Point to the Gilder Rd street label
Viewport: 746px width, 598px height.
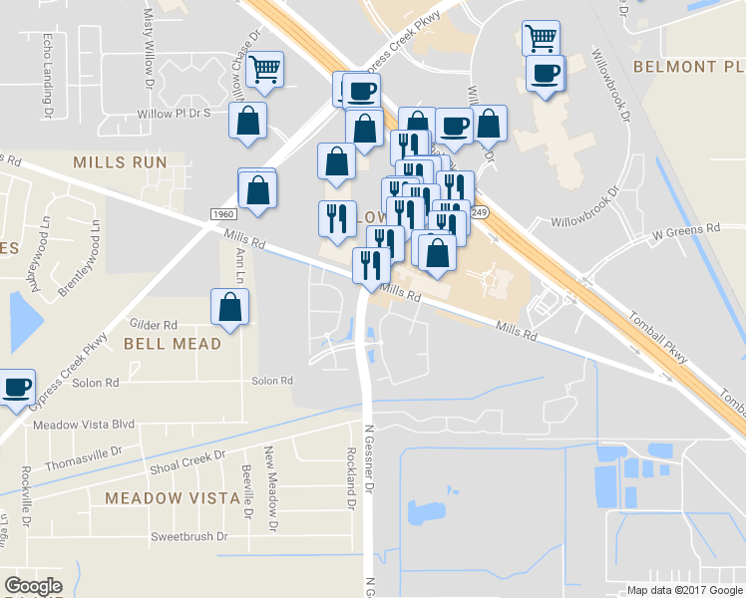(154, 325)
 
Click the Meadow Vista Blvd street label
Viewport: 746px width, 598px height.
(84, 424)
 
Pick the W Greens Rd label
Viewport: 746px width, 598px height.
(685, 228)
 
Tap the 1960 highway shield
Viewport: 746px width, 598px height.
(223, 214)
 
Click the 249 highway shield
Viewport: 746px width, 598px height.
(480, 212)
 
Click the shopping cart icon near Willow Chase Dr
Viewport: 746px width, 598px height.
(265, 70)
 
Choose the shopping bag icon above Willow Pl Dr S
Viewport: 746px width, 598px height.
(248, 121)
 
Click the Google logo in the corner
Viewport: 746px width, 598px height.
(33, 585)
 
